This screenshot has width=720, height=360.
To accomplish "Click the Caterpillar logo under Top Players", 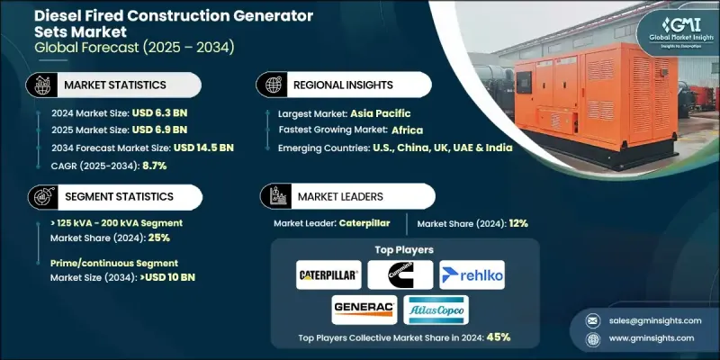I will [x=328, y=274].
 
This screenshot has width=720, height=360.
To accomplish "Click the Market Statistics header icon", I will [x=40, y=85].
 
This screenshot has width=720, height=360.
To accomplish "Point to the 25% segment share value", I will [x=158, y=238].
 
